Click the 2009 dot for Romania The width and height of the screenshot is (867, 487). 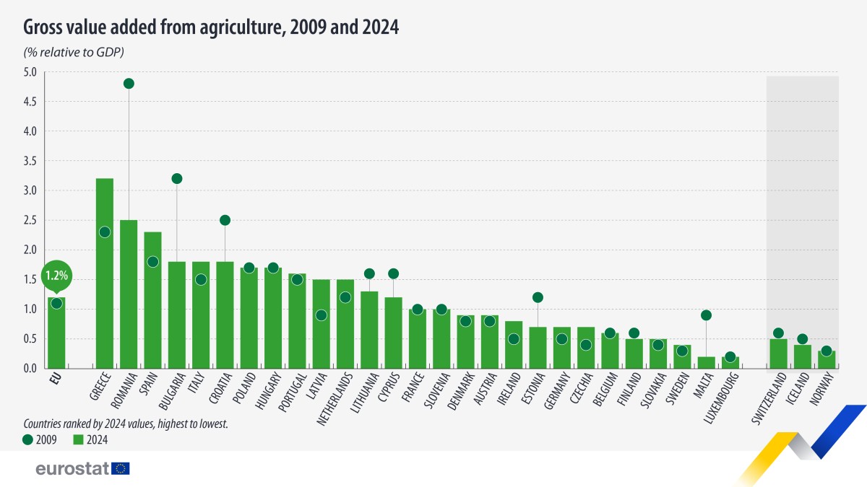click(129, 84)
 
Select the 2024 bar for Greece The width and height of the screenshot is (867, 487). click(104, 303)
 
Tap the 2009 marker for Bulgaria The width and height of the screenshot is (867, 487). click(177, 178)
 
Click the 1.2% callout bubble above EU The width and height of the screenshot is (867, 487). click(56, 276)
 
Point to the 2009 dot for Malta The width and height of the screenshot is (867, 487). click(706, 315)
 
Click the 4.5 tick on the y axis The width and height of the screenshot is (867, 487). click(30, 102)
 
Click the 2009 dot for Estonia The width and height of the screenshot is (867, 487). click(538, 297)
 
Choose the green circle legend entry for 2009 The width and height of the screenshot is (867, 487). click(28, 439)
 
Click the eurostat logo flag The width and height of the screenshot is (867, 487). click(121, 469)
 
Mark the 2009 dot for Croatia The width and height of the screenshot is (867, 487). click(225, 220)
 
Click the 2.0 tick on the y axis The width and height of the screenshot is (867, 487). click(30, 250)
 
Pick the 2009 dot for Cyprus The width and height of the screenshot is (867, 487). click(393, 273)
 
